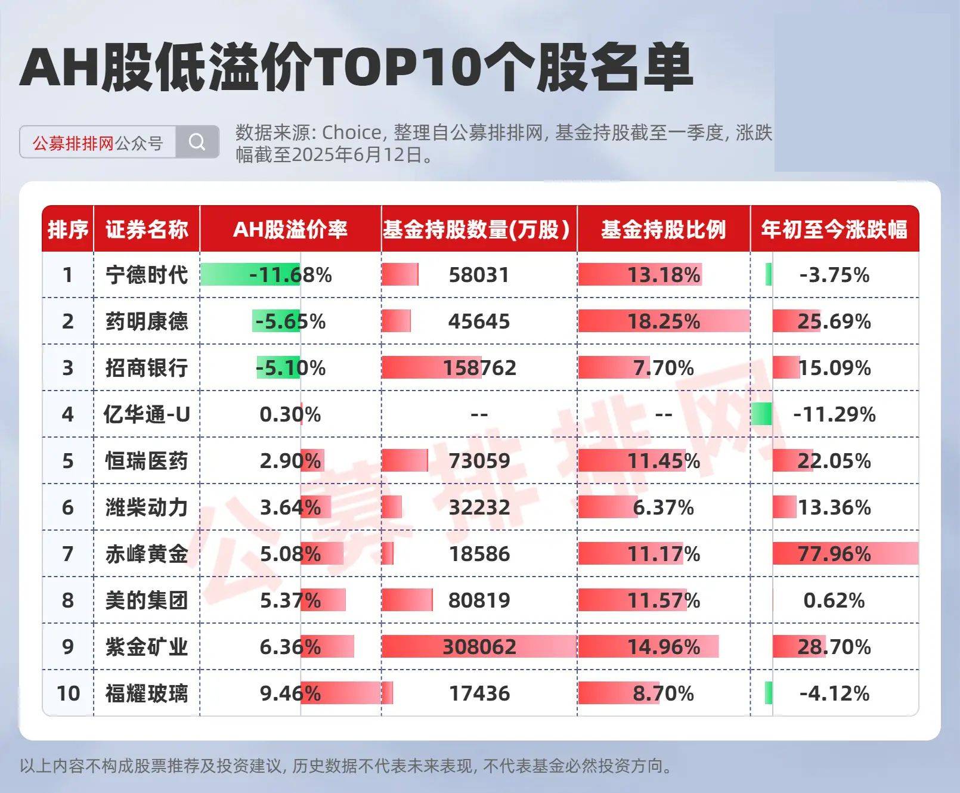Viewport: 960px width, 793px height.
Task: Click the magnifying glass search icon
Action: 197,143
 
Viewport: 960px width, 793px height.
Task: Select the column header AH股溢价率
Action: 290,230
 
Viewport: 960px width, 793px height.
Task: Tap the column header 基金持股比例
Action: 663,230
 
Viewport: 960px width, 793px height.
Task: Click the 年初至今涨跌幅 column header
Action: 834,230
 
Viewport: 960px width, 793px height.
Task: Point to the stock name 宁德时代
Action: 147,275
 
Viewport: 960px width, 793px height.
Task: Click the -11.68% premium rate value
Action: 290,275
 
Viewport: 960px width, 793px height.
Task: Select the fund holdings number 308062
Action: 479,647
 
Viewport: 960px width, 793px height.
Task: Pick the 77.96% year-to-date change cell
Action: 834,554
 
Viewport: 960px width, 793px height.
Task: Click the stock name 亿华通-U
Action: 147,414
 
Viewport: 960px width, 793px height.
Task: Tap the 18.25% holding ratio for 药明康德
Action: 663,321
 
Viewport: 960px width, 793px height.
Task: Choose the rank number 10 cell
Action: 68,693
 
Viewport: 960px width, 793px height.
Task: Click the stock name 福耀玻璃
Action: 147,693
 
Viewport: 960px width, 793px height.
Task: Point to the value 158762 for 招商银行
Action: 479,368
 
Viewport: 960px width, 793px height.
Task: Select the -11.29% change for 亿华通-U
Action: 834,414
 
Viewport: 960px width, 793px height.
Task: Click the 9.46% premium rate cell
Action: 290,693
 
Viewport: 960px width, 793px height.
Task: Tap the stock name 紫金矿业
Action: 147,647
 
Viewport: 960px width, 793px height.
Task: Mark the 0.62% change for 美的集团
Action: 834,600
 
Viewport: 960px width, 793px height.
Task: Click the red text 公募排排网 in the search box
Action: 73,143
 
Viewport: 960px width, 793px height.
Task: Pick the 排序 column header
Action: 68,230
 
